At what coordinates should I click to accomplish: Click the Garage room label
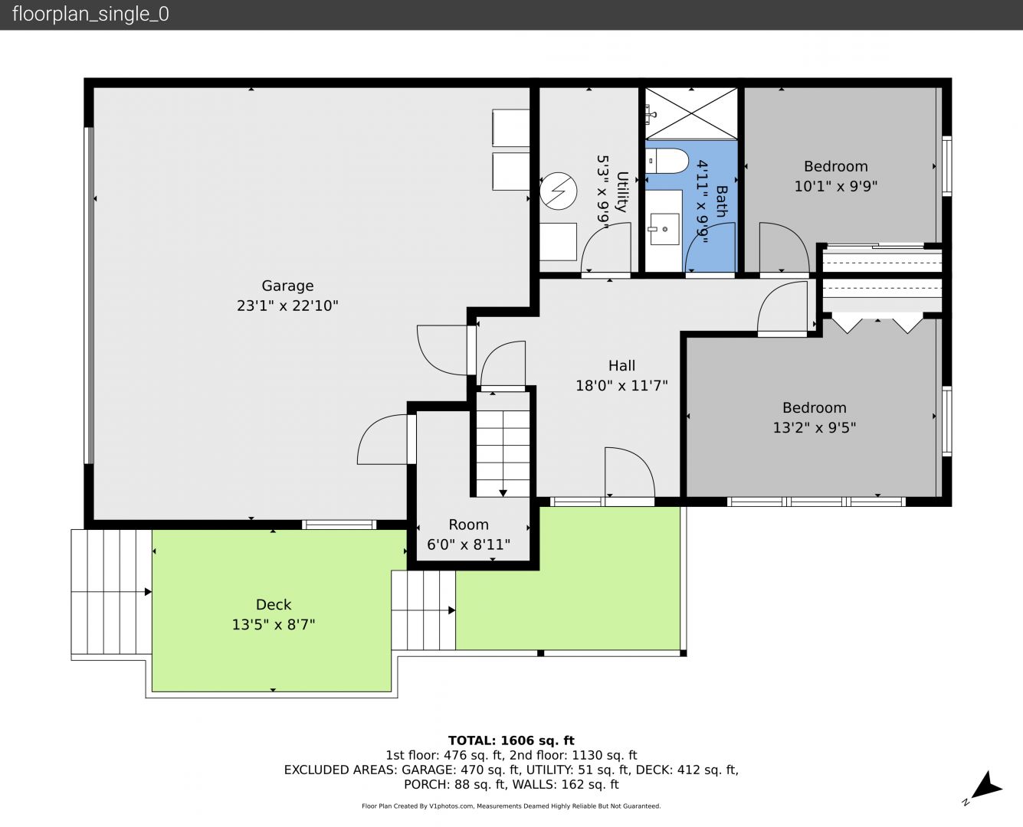(287, 286)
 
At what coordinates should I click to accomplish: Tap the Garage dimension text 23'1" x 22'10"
(287, 306)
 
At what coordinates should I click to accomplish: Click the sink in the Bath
(664, 230)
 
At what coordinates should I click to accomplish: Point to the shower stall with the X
(690, 114)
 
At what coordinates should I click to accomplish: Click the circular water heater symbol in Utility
(558, 191)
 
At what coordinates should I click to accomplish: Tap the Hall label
(621, 366)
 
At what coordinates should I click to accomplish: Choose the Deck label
(274, 605)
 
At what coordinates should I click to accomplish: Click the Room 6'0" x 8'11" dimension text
(468, 544)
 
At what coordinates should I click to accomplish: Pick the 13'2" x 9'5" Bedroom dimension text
(814, 427)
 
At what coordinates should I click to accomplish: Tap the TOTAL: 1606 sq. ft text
(511, 740)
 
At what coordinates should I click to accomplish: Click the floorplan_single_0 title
(90, 15)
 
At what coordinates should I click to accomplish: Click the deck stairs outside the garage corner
(111, 591)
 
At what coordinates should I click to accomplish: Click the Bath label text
(721, 201)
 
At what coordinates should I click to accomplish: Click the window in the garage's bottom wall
(339, 525)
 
